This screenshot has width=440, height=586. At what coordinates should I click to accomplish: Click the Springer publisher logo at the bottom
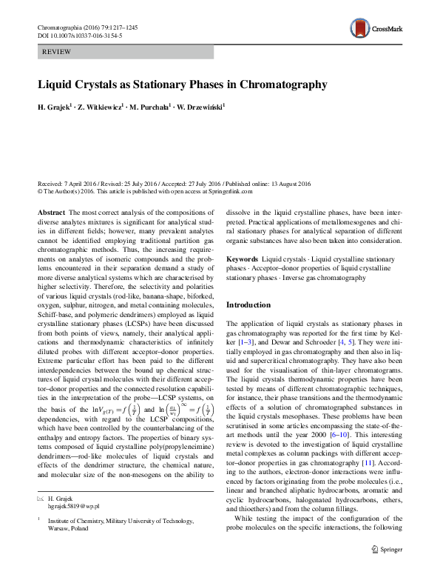pyautogui.click(x=386, y=570)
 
